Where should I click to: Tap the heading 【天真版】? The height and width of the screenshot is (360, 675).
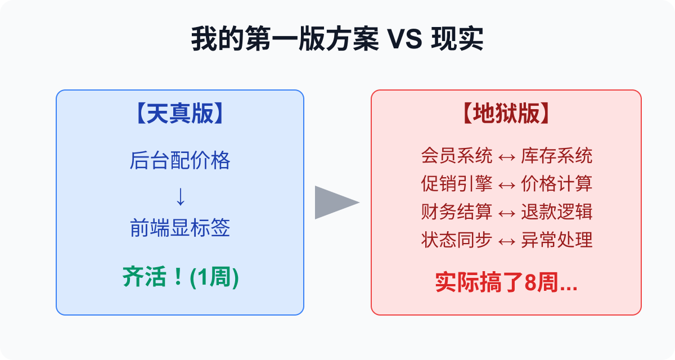click(180, 114)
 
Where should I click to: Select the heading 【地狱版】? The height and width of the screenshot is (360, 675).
click(506, 114)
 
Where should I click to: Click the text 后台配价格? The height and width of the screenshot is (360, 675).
click(180, 161)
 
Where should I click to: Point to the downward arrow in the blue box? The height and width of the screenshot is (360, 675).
click(180, 196)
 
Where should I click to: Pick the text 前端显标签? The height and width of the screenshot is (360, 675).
click(180, 229)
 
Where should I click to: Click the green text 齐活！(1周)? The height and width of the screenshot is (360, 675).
click(180, 278)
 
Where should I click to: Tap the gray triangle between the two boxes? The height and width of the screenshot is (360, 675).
click(336, 202)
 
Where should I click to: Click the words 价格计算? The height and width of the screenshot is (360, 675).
click(556, 184)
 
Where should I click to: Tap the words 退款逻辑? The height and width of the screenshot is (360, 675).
click(556, 212)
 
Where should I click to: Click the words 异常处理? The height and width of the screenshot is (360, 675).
click(556, 240)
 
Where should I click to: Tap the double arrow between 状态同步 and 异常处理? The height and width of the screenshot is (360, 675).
click(506, 241)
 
